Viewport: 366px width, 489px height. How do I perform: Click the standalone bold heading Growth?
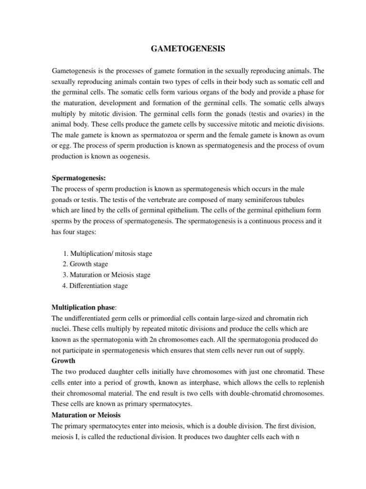coord(62,361)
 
